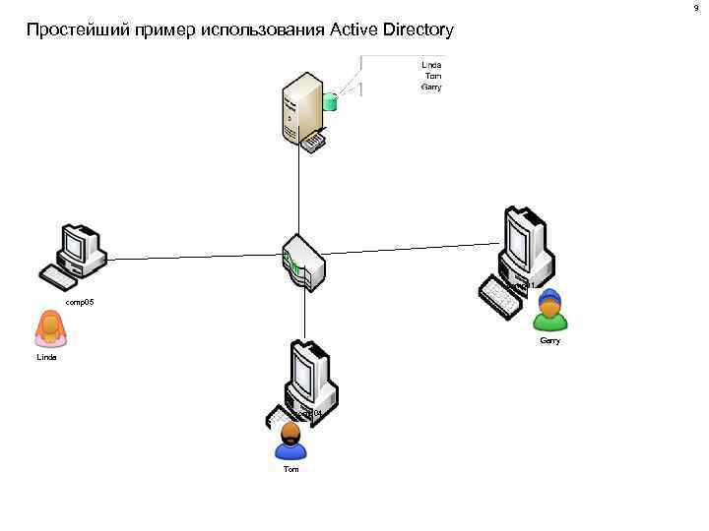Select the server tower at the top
(299, 104)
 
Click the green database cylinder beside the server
(331, 99)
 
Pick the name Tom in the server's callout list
(432, 76)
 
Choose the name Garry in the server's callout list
(431, 87)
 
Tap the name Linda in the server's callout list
(431, 65)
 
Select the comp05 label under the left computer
(79, 303)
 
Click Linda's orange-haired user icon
(50, 328)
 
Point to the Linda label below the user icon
(46, 358)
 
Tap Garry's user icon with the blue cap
(550, 311)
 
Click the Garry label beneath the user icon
(550, 340)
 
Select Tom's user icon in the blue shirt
(290, 442)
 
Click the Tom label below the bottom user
(290, 470)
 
